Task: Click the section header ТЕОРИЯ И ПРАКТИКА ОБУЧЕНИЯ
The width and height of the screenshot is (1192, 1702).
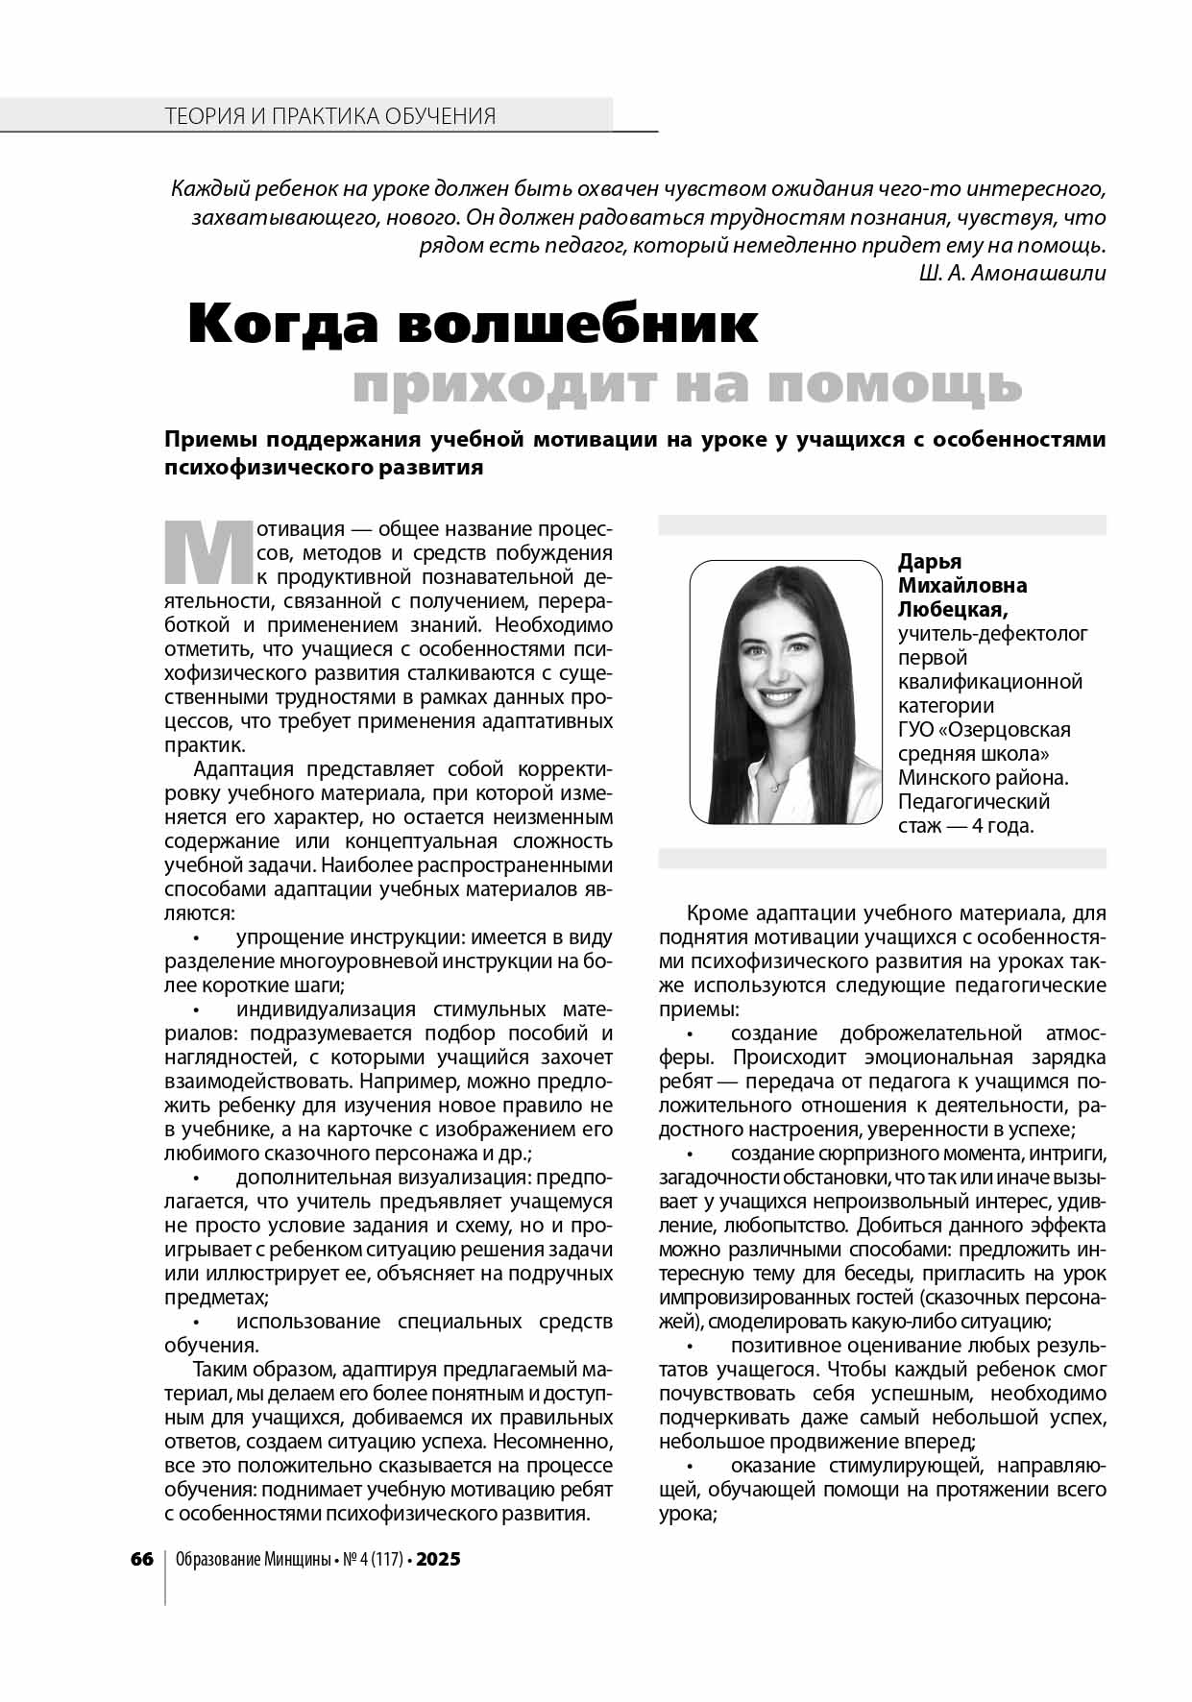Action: tap(330, 116)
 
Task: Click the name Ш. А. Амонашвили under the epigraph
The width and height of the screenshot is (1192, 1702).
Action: tap(1011, 272)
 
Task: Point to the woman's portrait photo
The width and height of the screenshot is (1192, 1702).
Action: tap(785, 692)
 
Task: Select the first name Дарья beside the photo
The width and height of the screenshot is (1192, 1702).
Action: tap(930, 561)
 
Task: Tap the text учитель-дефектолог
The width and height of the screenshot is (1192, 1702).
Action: tap(992, 633)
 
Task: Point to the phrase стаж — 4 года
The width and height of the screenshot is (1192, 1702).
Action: tap(965, 825)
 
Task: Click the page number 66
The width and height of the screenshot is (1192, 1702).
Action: tap(142, 1559)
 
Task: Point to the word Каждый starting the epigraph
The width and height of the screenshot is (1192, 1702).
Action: tap(203, 189)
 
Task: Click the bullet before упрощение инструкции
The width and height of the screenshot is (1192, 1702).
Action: tap(196, 937)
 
